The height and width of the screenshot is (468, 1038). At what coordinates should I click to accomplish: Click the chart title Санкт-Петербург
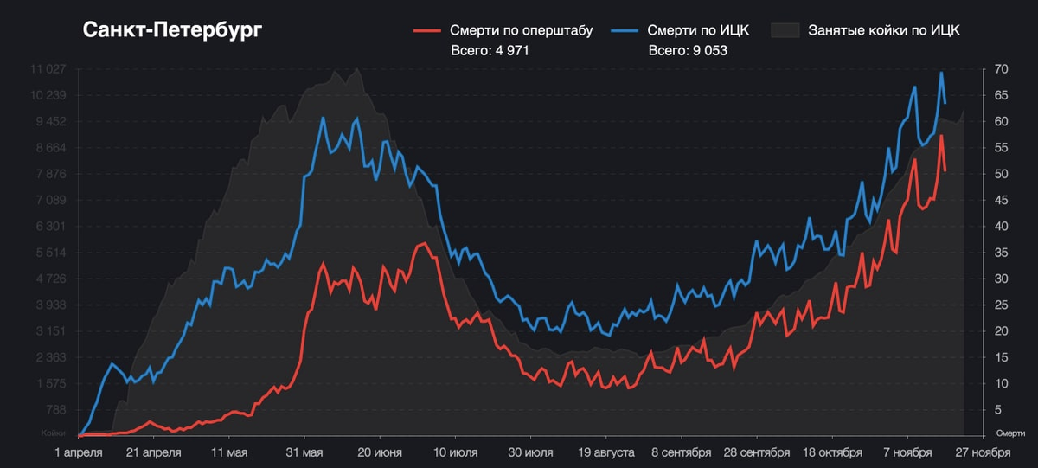[172, 30]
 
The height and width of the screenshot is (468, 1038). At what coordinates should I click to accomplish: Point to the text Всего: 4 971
[490, 51]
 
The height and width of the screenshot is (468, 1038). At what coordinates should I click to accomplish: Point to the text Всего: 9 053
[688, 51]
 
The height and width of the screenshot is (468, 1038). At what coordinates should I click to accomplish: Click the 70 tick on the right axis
[1001, 69]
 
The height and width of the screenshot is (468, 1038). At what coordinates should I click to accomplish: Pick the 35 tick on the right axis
[1001, 253]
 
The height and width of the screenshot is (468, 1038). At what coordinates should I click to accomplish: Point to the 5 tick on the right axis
[998, 409]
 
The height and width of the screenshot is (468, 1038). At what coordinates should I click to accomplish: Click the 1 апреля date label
[79, 452]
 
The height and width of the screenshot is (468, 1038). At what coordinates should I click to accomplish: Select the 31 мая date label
[304, 452]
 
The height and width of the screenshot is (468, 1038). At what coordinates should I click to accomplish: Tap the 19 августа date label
[605, 452]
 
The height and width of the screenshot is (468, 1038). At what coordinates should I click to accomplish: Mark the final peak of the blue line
[941, 74]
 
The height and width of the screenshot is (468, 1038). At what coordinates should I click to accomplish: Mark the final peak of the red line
[941, 136]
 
